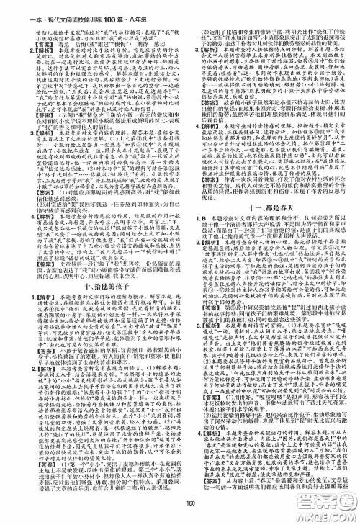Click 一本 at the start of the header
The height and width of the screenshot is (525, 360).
point(11,6)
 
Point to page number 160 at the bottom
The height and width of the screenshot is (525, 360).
point(180,516)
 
